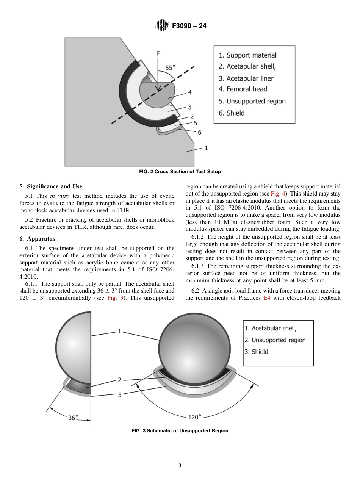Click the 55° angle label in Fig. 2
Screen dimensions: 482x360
tap(170, 68)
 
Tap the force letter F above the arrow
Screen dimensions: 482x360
tap(158, 54)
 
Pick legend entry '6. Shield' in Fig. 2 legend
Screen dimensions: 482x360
tap(232, 113)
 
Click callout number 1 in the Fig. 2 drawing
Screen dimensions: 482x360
tap(206, 148)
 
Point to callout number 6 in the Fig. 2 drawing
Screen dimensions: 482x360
tap(199, 132)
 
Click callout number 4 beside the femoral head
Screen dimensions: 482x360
tap(189, 92)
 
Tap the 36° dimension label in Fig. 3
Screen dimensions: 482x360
tap(73, 418)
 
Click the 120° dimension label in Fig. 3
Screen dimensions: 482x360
tap(194, 417)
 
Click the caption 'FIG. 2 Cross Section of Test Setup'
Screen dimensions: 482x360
tap(180, 172)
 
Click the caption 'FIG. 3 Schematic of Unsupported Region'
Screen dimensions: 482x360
tap(180, 431)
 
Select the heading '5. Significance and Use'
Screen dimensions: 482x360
tap(51, 186)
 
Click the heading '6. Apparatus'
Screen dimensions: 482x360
tap(37, 239)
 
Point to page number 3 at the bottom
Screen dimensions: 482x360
tap(180, 466)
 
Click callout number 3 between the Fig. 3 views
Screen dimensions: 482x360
tap(120, 395)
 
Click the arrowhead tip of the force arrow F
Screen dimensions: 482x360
tap(158, 92)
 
